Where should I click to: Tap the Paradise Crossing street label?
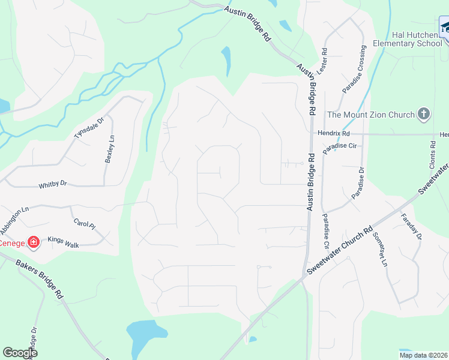[x=354, y=70]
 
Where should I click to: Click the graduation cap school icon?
[x=444, y=28]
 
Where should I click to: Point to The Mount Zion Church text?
[x=371, y=115]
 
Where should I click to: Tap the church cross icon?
[x=424, y=114]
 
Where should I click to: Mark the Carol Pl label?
[x=84, y=225]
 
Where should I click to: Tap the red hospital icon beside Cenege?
[x=34, y=242]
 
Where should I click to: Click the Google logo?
[x=20, y=352]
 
